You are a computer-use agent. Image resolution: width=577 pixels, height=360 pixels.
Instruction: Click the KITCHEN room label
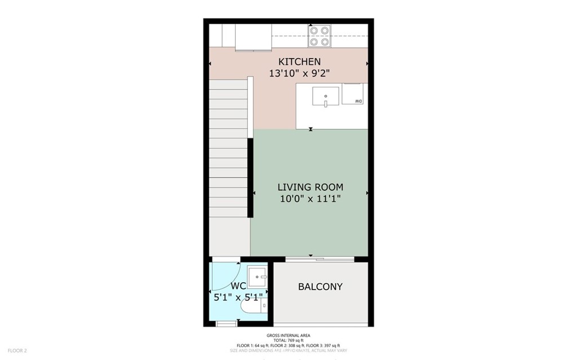pos(299,61)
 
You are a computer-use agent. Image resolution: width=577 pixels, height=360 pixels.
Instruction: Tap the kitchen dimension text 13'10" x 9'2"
pos(299,73)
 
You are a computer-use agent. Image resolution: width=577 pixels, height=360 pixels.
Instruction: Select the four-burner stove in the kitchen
pos(319,36)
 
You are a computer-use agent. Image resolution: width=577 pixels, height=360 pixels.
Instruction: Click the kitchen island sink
pos(326,96)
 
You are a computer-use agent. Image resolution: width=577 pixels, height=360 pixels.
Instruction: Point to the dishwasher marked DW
pos(356,94)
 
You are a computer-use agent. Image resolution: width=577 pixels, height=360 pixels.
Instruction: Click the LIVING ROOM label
pos(310,187)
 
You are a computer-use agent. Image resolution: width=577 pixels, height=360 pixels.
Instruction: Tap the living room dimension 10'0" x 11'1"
pos(310,199)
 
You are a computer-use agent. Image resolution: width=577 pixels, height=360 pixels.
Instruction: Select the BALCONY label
pos(320,287)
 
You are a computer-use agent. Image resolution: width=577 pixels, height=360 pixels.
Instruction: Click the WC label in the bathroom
pos(238,286)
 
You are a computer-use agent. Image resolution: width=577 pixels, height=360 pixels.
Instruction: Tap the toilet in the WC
pos(252,307)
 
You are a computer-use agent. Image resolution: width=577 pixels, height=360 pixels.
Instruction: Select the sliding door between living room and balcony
pos(319,259)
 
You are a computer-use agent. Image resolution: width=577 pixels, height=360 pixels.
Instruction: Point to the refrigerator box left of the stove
pos(253,37)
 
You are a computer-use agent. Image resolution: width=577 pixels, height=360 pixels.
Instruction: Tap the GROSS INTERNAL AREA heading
pos(288,335)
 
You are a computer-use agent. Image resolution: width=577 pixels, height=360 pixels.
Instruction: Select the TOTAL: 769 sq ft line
pos(288,340)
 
